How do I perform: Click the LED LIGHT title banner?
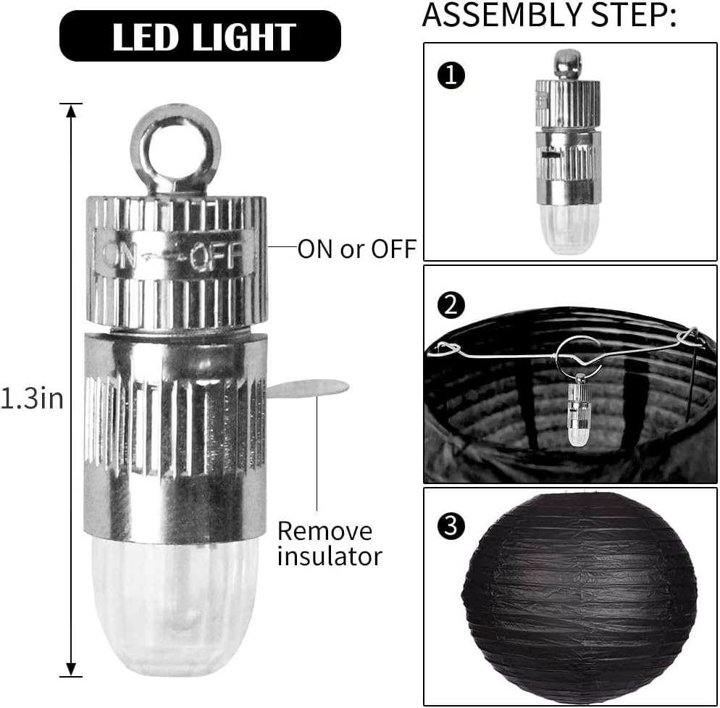pos(200,36)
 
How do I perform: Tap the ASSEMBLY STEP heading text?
pos(549,14)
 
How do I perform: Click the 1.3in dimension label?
pos(32,398)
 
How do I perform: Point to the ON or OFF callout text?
pos(357,249)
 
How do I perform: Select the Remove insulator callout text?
pos(330,544)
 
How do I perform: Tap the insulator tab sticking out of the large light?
pos(308,388)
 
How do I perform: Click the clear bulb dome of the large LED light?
pos(175,607)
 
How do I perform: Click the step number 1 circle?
pos(451,75)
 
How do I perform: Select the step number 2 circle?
pos(451,306)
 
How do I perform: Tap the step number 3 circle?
pos(451,525)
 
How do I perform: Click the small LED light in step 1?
pos(569,152)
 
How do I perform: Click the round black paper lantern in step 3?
pos(579,597)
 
